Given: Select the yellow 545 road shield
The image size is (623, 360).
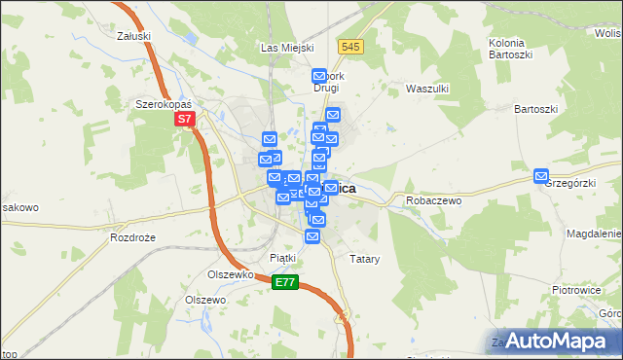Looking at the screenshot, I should pyautogui.click(x=351, y=47).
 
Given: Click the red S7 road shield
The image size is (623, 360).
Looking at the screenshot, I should pyautogui.click(x=186, y=120).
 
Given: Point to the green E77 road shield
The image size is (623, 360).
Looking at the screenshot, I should pyautogui.click(x=284, y=282).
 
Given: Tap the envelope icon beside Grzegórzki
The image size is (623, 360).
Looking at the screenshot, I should pyautogui.click(x=541, y=175).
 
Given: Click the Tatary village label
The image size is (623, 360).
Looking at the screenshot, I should pyautogui.click(x=363, y=260).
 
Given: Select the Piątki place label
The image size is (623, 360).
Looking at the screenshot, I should pyautogui.click(x=281, y=258).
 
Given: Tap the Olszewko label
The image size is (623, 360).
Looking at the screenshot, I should pyautogui.click(x=231, y=274).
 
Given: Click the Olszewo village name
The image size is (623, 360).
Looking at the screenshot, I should pyautogui.click(x=205, y=301).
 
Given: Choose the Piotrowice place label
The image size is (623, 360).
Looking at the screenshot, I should pyautogui.click(x=577, y=290).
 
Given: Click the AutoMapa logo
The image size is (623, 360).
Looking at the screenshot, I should pyautogui.click(x=553, y=341).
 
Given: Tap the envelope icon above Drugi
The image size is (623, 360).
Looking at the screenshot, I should pyautogui.click(x=318, y=75).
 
